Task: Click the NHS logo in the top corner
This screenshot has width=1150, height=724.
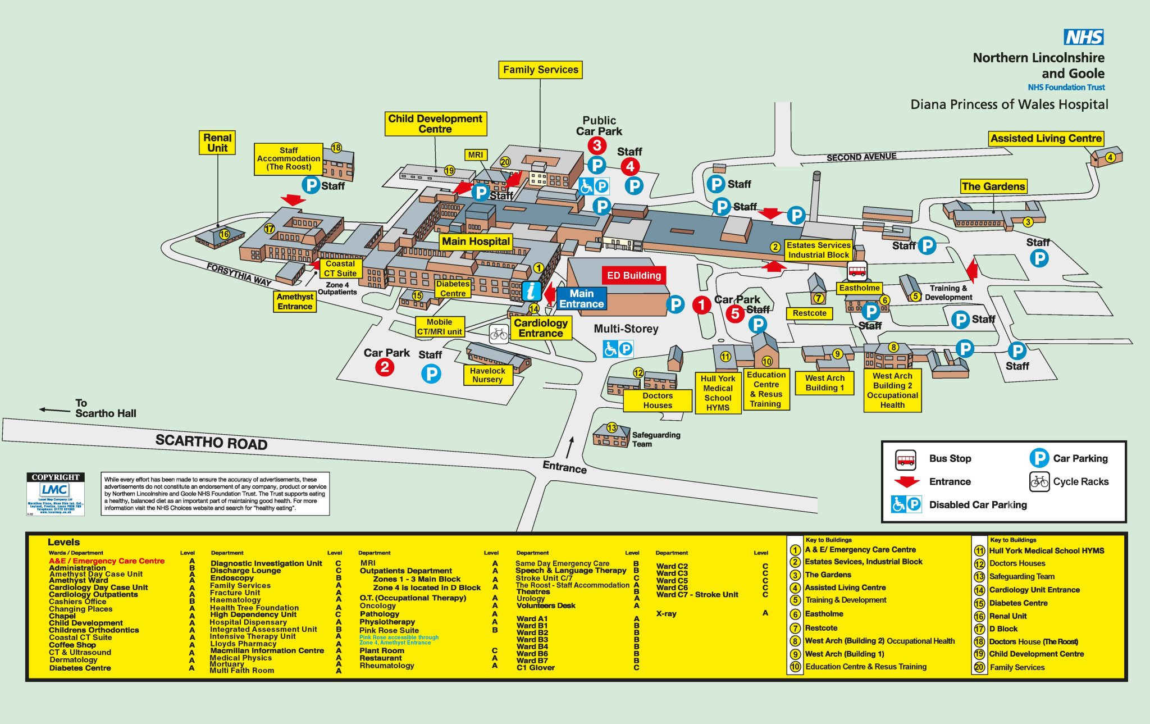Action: pos(1083,37)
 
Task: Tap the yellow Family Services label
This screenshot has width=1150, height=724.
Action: pos(540,70)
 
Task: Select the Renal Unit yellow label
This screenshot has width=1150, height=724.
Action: pos(217,143)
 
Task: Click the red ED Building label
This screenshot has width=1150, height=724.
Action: pos(633,275)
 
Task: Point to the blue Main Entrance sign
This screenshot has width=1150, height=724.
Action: pos(581,299)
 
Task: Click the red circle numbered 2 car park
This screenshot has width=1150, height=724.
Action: pos(385,367)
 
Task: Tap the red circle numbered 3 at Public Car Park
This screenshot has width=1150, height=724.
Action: pos(597,145)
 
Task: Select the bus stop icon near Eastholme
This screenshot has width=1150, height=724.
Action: pos(857,271)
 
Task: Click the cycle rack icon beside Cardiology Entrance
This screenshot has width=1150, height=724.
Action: pos(499,334)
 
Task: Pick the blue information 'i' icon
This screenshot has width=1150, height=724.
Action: pos(531,291)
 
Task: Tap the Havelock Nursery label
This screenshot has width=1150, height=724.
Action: pos(487,375)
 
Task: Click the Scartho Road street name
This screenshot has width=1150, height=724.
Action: pos(211,443)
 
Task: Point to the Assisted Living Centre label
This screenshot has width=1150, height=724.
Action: pos(1046,139)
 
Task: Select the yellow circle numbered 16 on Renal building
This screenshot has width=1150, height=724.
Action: pos(224,234)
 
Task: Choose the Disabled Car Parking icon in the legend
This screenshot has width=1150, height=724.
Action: pos(906,504)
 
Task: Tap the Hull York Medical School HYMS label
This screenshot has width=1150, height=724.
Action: pos(718,393)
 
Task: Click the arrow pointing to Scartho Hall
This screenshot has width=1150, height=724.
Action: pos(54,410)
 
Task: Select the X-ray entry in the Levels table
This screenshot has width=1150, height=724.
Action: pos(666,614)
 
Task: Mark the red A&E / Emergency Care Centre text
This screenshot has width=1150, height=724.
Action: pos(107,561)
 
